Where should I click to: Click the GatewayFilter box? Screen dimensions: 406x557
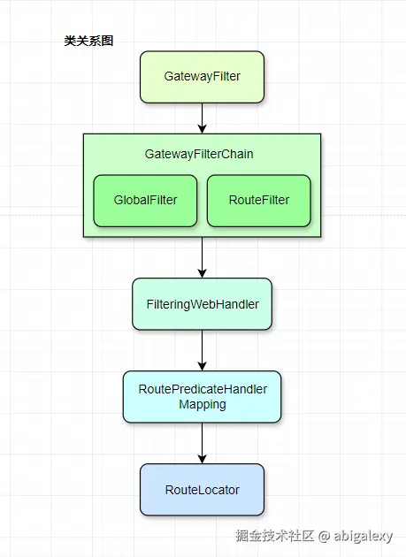(x=202, y=77)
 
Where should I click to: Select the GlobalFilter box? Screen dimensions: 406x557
(x=145, y=201)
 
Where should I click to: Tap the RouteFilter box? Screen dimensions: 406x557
(x=259, y=201)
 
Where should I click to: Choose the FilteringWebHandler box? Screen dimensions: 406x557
(x=202, y=304)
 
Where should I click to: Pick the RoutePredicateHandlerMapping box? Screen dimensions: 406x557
(x=202, y=397)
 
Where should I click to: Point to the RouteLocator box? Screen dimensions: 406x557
(x=202, y=490)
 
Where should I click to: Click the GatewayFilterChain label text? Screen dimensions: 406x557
(x=199, y=154)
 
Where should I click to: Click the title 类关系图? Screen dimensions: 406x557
(x=88, y=41)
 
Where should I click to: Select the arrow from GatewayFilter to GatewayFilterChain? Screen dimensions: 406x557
(x=202, y=118)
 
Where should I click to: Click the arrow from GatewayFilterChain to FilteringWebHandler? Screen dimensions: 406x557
(x=202, y=257)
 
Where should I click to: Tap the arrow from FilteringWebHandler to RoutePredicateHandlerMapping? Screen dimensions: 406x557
(x=202, y=351)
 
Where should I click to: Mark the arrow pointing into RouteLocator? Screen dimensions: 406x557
(x=202, y=443)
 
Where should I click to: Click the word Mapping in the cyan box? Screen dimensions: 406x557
(x=203, y=405)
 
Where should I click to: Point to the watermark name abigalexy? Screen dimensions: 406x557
(x=363, y=536)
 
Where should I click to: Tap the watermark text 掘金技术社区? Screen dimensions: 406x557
(x=275, y=536)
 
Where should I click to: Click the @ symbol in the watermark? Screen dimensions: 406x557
(x=324, y=536)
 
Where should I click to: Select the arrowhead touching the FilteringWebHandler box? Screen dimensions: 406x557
(x=202, y=274)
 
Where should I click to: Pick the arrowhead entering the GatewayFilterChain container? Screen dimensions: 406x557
(x=202, y=129)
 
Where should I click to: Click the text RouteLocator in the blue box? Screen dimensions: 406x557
(x=203, y=490)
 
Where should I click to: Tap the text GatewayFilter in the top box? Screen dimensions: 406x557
(x=203, y=76)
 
